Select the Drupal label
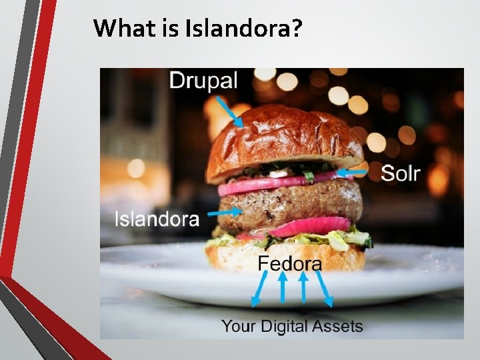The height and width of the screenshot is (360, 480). [203, 81]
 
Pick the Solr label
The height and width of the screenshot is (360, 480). [400, 173]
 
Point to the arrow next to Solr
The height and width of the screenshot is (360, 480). [353, 173]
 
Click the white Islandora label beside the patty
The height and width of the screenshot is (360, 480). [157, 219]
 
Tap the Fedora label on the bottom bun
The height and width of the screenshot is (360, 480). [289, 263]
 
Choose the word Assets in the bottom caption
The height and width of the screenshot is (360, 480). [339, 326]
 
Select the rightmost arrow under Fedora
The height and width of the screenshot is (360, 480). [325, 291]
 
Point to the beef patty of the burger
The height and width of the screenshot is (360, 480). [293, 203]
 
